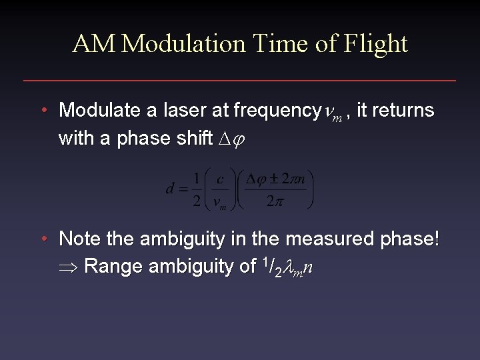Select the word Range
pyautogui.click(x=116, y=267)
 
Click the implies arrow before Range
pyautogui.click(x=69, y=268)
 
